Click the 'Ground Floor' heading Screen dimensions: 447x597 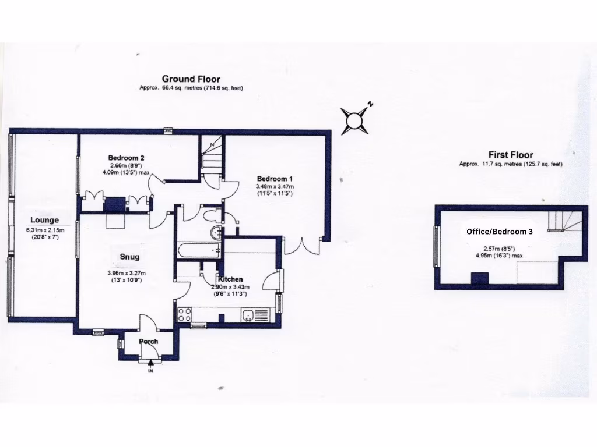[191, 79]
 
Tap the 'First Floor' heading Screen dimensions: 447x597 [510, 155]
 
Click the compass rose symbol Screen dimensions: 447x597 [354, 120]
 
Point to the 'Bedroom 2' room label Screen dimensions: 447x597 [126, 158]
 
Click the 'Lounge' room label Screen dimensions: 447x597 [44, 220]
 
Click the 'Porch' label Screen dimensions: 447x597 [148, 341]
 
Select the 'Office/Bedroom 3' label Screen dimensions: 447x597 [500, 231]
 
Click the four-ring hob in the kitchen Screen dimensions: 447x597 [185, 314]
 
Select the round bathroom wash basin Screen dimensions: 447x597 [216, 233]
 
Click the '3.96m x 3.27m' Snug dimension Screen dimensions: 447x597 [126, 273]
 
